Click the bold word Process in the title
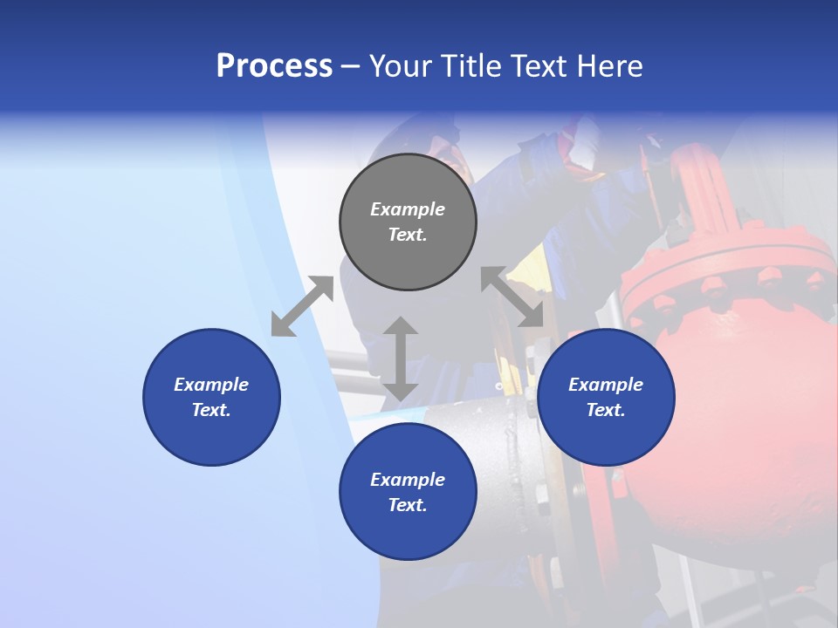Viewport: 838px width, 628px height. point(274,66)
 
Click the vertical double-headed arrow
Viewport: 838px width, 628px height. point(401,358)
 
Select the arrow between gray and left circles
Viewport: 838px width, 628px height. point(302,306)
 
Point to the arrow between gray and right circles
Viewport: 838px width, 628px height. point(512,297)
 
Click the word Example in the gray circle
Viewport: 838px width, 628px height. point(408,209)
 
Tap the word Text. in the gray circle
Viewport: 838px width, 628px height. point(408,235)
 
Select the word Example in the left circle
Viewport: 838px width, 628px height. point(211,385)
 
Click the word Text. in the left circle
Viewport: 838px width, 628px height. point(211,410)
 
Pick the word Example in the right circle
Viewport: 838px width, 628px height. point(606,385)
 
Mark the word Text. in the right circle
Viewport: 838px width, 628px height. point(606,410)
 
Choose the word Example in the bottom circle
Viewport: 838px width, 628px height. point(408,480)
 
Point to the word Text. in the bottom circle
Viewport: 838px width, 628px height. point(408,505)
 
